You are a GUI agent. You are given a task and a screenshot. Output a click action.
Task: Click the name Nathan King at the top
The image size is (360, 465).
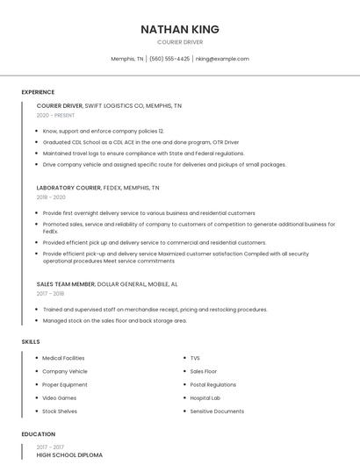click(180, 30)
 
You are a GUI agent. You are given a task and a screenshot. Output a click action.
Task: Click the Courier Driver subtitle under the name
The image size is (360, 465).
click(180, 42)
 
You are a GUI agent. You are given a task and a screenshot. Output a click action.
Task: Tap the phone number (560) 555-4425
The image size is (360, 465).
click(169, 59)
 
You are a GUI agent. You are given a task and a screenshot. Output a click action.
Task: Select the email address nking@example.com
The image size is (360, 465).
click(222, 59)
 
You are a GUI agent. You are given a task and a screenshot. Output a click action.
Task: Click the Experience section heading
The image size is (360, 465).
click(38, 92)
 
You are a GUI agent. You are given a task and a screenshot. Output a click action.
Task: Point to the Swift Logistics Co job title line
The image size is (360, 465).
click(109, 105)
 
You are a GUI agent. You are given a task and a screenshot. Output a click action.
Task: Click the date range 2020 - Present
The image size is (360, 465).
click(55, 115)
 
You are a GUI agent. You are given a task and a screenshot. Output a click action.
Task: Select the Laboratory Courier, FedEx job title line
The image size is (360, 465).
click(97, 188)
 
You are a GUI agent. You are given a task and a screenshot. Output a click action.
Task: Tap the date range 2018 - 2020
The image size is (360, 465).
click(52, 197)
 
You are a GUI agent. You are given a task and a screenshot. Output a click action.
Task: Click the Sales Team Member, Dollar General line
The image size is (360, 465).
click(107, 284)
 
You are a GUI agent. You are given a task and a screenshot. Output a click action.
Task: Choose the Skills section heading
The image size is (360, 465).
click(30, 341)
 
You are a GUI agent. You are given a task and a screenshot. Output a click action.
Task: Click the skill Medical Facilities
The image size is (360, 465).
click(63, 358)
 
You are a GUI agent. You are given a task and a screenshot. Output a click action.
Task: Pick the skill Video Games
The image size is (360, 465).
click(60, 397)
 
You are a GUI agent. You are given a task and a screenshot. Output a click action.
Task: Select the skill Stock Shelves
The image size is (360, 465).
click(60, 411)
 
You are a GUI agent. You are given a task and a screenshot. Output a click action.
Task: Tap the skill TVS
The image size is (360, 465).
click(195, 358)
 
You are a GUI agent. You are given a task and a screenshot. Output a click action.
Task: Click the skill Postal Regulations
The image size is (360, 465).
click(212, 384)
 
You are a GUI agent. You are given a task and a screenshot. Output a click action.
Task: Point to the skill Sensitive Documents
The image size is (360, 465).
click(217, 411)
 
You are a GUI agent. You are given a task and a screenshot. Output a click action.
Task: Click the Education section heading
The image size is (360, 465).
click(38, 434)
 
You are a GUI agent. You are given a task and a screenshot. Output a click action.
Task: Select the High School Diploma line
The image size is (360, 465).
click(69, 455)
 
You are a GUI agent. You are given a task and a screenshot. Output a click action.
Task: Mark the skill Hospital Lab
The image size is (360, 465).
click(205, 397)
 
